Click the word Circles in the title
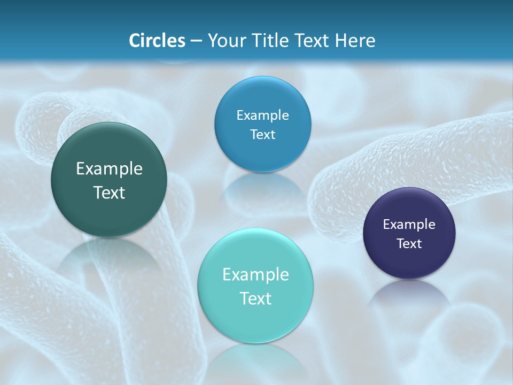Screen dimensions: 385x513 (x=157, y=41)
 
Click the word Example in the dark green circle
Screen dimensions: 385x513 (x=109, y=169)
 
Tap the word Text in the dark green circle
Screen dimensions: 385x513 (x=109, y=192)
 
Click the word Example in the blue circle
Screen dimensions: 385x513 (x=262, y=115)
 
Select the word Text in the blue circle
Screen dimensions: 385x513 (x=262, y=135)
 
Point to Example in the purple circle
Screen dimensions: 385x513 (x=409, y=225)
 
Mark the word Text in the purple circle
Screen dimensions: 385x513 (x=409, y=244)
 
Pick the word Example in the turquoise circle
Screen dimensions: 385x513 (x=255, y=275)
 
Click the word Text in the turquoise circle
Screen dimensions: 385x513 (x=255, y=298)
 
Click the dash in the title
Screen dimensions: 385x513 (x=197, y=41)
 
